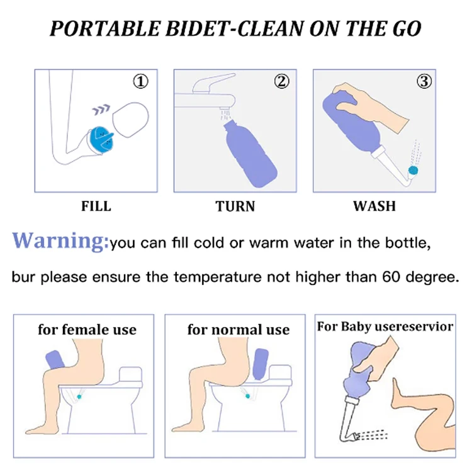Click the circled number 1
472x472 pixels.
(140, 81)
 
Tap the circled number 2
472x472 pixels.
(282, 81)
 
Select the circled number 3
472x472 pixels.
(424, 81)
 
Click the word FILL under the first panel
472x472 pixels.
(96, 206)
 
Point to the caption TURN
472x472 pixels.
(235, 206)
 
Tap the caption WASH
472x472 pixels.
(374, 206)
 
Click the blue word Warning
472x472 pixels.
(60, 240)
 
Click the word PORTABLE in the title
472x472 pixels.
(104, 29)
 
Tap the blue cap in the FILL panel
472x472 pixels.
(101, 140)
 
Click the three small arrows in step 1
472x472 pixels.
(101, 110)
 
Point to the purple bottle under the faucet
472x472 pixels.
(250, 154)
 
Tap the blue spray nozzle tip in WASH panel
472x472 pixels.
(413, 171)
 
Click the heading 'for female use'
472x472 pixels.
(87, 329)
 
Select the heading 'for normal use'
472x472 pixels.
(239, 329)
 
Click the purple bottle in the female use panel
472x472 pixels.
(55, 359)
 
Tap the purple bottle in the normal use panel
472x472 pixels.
(261, 364)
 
